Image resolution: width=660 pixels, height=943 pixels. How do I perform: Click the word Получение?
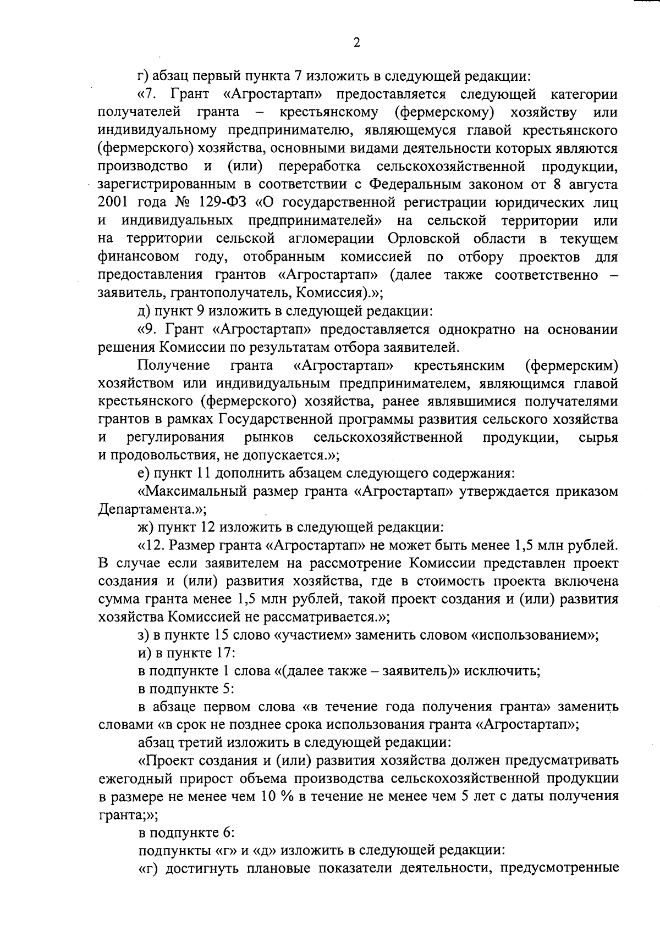[x=174, y=365]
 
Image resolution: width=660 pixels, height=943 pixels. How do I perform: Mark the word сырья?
[x=599, y=438]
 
